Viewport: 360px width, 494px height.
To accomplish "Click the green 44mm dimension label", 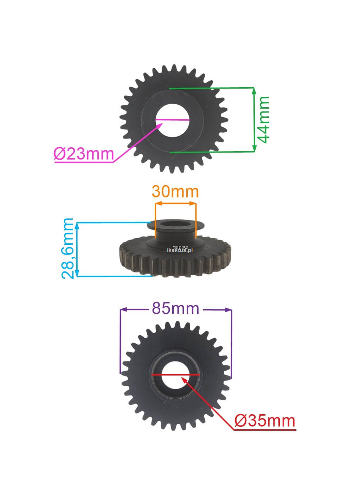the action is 263,120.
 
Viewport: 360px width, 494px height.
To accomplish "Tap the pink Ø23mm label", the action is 84,154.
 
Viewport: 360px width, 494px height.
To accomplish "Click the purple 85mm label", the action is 175,308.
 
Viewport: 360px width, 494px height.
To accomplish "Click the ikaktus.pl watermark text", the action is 180,250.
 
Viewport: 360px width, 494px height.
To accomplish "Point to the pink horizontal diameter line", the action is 172,120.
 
